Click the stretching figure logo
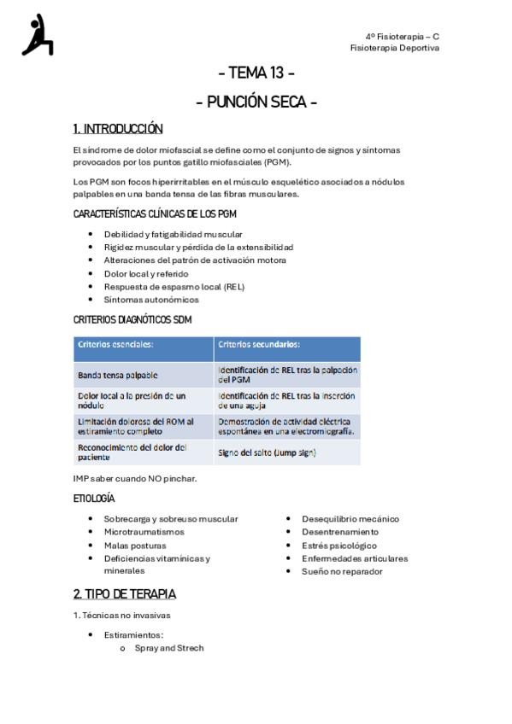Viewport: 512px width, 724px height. click(x=38, y=36)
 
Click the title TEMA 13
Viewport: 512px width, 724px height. click(x=256, y=73)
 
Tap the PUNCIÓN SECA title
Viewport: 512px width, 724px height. click(x=256, y=102)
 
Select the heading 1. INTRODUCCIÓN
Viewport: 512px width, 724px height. click(x=118, y=129)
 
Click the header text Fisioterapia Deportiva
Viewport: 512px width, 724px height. click(x=395, y=49)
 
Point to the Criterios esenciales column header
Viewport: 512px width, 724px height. click(x=115, y=345)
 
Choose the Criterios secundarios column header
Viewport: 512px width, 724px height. click(x=259, y=345)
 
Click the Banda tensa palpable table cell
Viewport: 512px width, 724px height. click(x=118, y=375)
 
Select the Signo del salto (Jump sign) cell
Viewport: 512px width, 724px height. click(x=267, y=452)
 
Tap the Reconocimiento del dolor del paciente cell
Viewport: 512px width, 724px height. click(x=132, y=452)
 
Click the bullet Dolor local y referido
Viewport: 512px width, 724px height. click(x=147, y=273)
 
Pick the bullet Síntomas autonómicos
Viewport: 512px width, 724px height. click(x=151, y=300)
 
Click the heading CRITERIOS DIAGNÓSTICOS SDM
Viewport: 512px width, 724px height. click(x=132, y=320)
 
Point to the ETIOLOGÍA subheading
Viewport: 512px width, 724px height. click(x=94, y=499)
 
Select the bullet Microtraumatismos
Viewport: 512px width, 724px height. click(x=144, y=532)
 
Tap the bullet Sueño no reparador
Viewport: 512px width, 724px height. click(x=342, y=572)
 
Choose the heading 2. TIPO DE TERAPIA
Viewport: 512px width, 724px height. click(x=125, y=594)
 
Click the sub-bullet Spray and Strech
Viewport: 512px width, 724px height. click(x=169, y=648)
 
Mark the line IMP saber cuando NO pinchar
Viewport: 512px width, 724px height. click(x=135, y=478)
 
